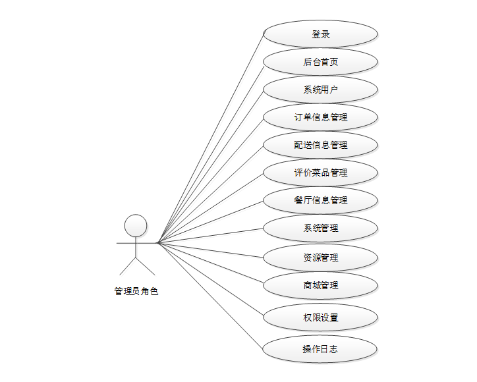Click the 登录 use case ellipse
pos(320,34)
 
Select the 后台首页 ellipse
pos(320,62)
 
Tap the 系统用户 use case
pos(320,90)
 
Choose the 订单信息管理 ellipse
pos(320,117)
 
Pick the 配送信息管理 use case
pos(320,145)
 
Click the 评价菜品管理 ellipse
pos(320,173)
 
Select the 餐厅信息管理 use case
pos(320,200)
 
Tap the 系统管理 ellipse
pos(320,228)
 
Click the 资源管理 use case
pos(320,258)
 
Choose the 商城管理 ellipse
pos(320,285)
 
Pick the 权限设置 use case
pos(320,317)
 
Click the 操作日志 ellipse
pos(320,349)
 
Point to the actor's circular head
pos(136,225)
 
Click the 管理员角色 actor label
pos(136,291)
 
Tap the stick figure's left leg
pos(128,266)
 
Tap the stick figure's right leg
pos(145,266)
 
